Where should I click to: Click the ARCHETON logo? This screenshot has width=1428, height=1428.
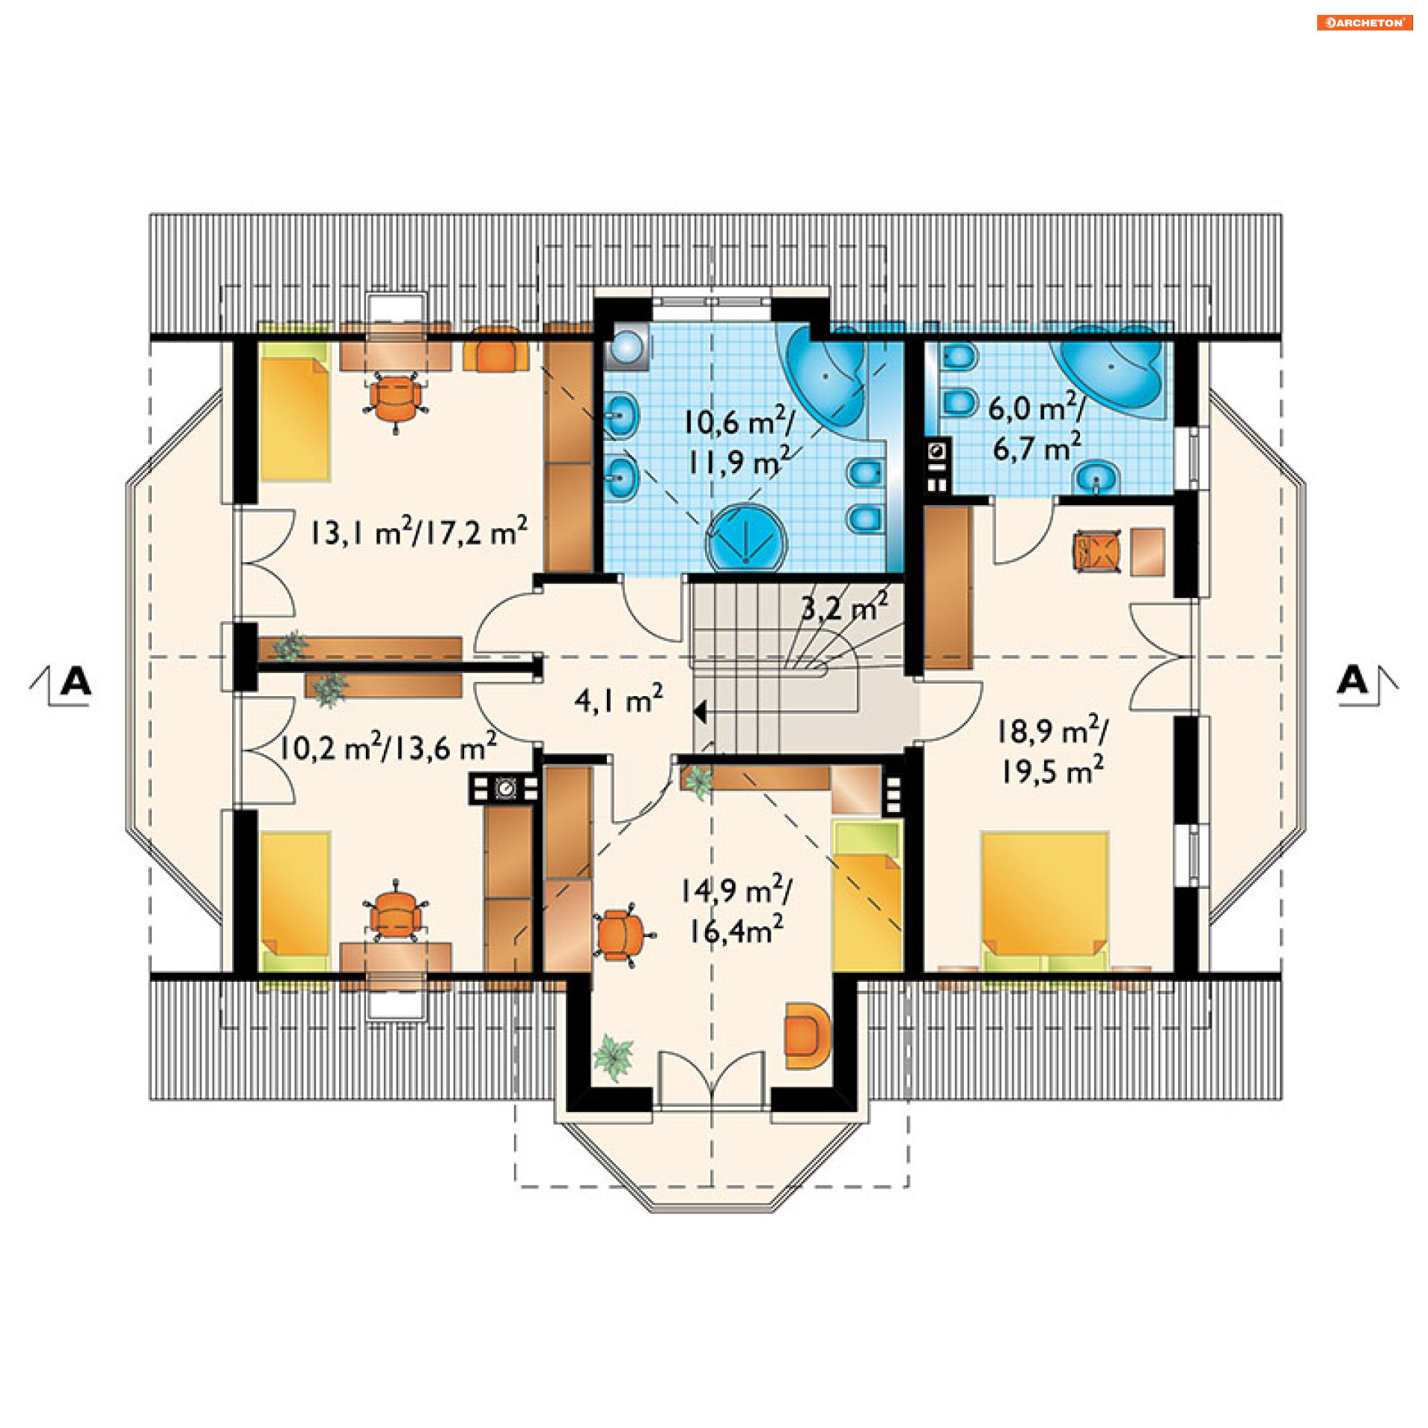tap(1364, 22)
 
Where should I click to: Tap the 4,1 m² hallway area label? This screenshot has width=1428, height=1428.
tap(618, 699)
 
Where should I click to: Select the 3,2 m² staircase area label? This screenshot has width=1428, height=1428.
tap(844, 607)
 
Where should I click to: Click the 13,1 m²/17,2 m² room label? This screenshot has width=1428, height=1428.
tap(418, 531)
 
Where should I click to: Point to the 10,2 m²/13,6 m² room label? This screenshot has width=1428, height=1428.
tap(387, 747)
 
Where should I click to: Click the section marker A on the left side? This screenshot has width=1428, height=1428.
tap(75, 681)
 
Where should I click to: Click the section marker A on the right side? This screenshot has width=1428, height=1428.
tap(1352, 680)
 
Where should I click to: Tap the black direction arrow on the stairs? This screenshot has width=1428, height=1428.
tap(700, 712)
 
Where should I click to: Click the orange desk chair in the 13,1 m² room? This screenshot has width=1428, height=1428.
tap(396, 399)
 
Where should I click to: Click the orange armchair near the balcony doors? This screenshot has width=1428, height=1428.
tap(806, 1036)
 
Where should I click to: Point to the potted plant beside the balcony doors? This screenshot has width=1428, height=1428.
tap(614, 1057)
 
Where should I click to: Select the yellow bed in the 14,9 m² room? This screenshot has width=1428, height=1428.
tap(866, 897)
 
